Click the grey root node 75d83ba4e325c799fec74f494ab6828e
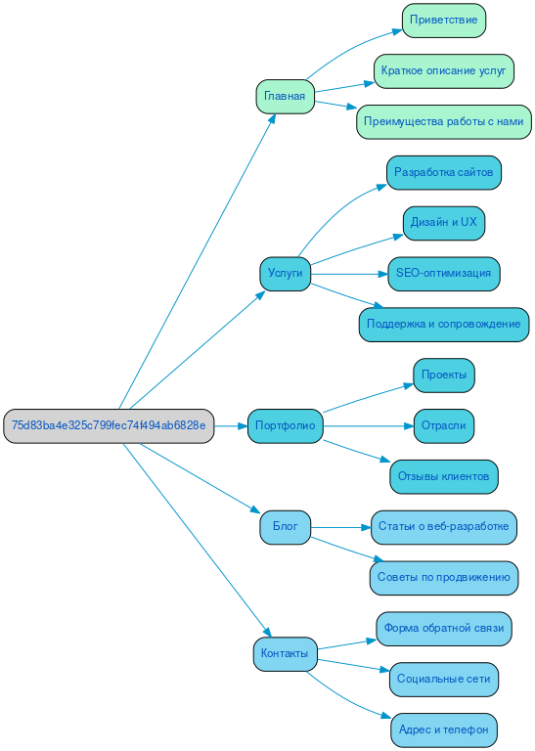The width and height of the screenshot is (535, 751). [x=109, y=426]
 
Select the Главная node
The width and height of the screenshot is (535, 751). [x=285, y=96]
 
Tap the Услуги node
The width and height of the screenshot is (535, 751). [x=285, y=273]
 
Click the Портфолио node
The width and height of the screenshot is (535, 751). [x=285, y=426]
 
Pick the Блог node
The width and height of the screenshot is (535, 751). [x=285, y=527]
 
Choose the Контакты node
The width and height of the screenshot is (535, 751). [x=285, y=653]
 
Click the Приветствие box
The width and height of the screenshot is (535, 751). [x=444, y=20]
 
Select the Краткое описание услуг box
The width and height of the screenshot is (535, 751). [x=444, y=71]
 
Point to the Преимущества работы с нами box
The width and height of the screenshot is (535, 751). [x=444, y=122]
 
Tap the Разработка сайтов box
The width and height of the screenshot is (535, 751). [x=444, y=172]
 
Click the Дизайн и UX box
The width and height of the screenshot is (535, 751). [x=444, y=223]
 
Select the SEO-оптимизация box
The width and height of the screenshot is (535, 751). [x=444, y=274]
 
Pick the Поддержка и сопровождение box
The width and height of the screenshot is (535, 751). [x=444, y=324]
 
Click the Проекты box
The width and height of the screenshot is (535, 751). [x=444, y=375]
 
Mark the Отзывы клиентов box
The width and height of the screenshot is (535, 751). [x=444, y=476]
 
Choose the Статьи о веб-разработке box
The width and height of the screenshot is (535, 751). [x=444, y=527]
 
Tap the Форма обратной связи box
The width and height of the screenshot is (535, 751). [x=444, y=628]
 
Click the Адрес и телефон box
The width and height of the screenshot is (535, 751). [x=444, y=729]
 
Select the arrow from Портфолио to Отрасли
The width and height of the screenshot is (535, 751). [x=368, y=426]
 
